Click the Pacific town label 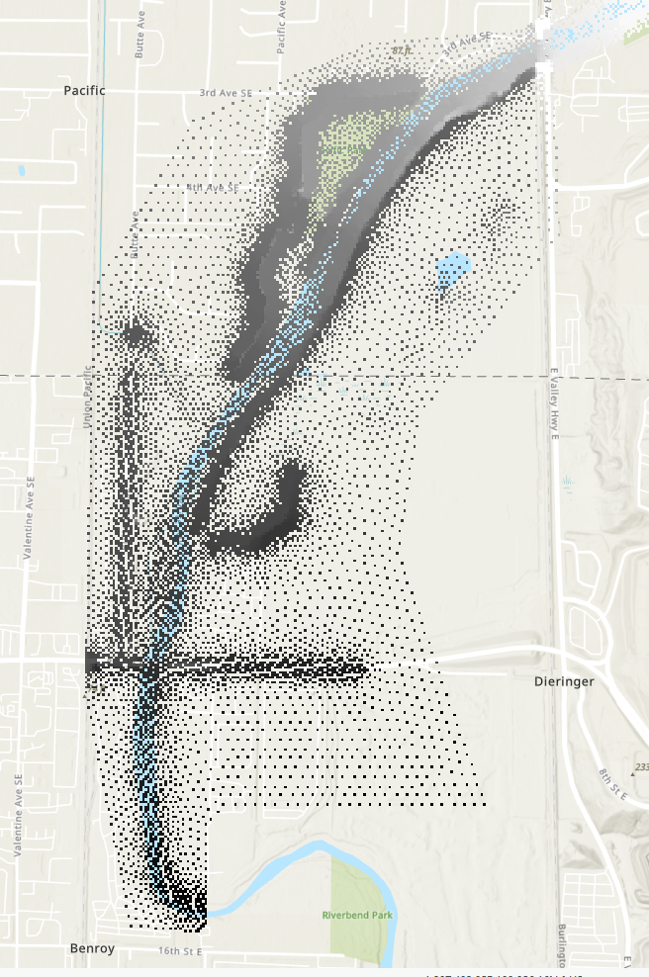(84, 90)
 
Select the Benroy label (92, 948)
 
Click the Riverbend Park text (358, 916)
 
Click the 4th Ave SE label (213, 187)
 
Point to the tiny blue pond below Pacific (22, 171)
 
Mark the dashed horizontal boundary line (40, 377)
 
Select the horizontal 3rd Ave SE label (222, 93)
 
